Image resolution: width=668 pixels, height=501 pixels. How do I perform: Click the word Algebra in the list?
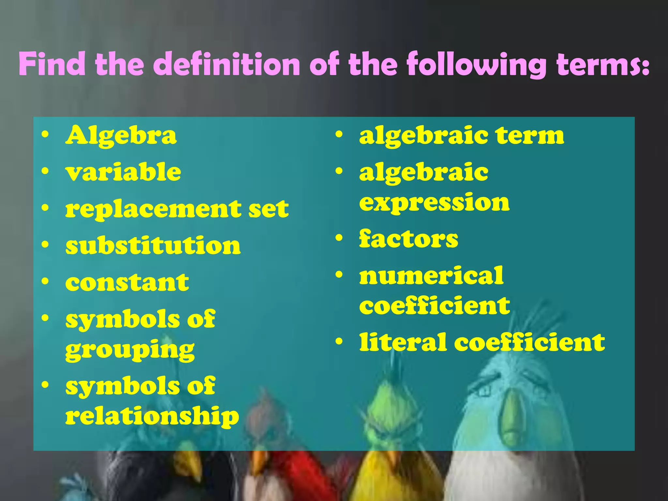point(121,136)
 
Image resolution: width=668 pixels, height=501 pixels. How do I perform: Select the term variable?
point(123,172)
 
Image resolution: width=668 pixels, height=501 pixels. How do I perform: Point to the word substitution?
point(153,246)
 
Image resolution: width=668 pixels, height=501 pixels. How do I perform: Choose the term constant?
point(127,282)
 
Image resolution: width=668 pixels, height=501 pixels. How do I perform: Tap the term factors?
point(409,239)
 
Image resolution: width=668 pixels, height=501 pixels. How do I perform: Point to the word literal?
point(403,342)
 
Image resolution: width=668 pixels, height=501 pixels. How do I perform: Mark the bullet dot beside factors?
point(339,238)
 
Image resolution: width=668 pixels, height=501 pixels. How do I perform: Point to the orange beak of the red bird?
point(259,460)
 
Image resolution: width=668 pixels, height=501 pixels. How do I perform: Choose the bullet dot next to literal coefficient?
point(339,342)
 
